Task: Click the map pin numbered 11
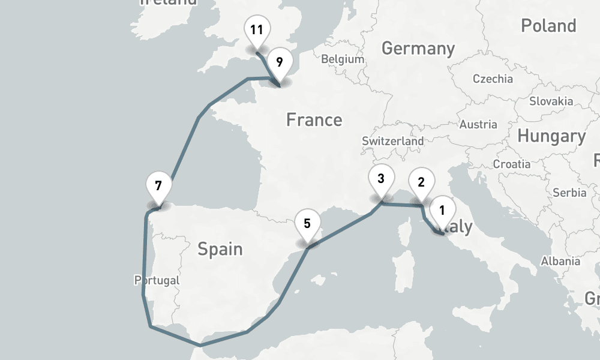pos(257,29)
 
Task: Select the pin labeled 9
pos(280,62)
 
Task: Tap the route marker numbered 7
pos(158,185)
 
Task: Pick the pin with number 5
pos(307,224)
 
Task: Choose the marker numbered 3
pos(381,179)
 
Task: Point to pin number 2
pos(421,182)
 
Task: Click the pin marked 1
pos(442,211)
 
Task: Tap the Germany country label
pos(418,48)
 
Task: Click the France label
pos(314,120)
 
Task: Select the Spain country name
pos(220,248)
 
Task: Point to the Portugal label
pos(157,280)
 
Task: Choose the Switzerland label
pos(392,141)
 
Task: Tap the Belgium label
pos(343,59)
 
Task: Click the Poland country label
pos(548,26)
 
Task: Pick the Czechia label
pos(493,79)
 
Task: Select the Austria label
pos(478,125)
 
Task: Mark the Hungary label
pos(551,137)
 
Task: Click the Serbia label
pos(569,193)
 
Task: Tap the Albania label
pos(560,261)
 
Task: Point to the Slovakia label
pos(551,101)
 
